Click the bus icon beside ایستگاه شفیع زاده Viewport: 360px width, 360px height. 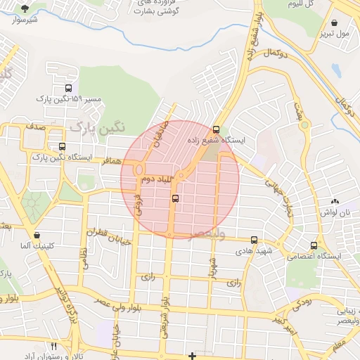tap(215, 129)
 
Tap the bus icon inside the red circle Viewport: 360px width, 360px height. tap(174, 199)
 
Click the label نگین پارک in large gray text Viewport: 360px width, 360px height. tap(96, 128)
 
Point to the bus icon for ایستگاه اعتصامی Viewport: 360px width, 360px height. tap(314, 245)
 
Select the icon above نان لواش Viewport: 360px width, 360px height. tap(335, 201)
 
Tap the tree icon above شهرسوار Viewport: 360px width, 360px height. tap(25, 8)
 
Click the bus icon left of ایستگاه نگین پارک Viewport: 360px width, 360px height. tap(63, 147)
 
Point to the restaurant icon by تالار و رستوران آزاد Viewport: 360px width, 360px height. tap(54, 346)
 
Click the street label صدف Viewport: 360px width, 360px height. tap(35, 127)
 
